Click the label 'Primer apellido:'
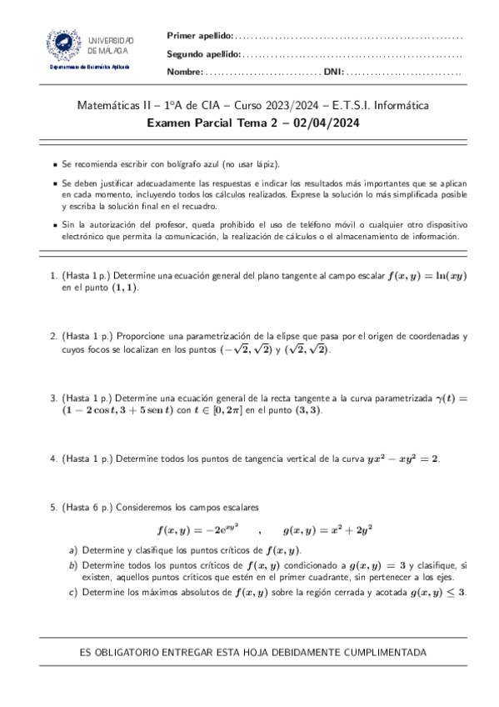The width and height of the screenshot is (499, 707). pyautogui.click(x=200, y=35)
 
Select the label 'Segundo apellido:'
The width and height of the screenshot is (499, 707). pyautogui.click(x=204, y=53)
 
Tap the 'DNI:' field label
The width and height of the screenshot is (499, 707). pyautogui.click(x=333, y=72)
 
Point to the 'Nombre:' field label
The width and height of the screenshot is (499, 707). pyautogui.click(x=185, y=72)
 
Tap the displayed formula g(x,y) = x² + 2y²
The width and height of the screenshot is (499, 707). pyautogui.click(x=327, y=529)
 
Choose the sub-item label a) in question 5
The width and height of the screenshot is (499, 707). pyautogui.click(x=73, y=550)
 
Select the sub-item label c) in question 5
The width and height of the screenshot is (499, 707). pyautogui.click(x=73, y=592)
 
